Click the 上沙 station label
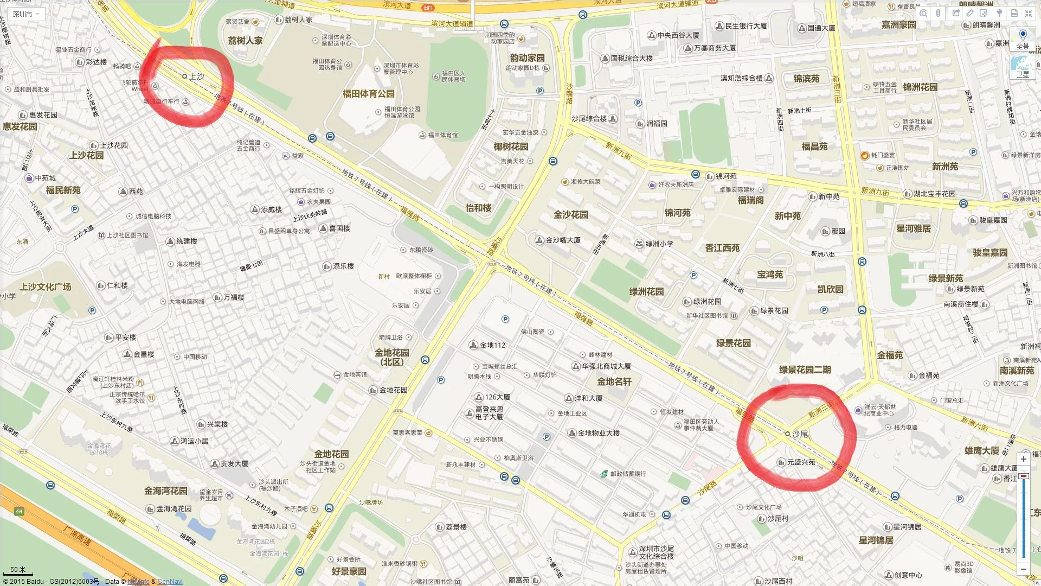196,77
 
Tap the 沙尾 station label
800,434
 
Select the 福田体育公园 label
368,94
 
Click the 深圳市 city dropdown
25,14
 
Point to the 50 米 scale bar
18,570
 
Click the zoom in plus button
1023,459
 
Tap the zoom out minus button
1023,569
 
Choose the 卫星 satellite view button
1023,68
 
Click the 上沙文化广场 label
46,286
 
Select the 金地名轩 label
614,381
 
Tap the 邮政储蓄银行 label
628,474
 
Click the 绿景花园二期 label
805,370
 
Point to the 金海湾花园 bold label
165,491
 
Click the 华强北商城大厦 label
606,366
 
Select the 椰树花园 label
510,146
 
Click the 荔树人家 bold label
245,41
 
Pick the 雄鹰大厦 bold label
981,451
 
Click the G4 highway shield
20,512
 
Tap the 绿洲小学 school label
659,244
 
